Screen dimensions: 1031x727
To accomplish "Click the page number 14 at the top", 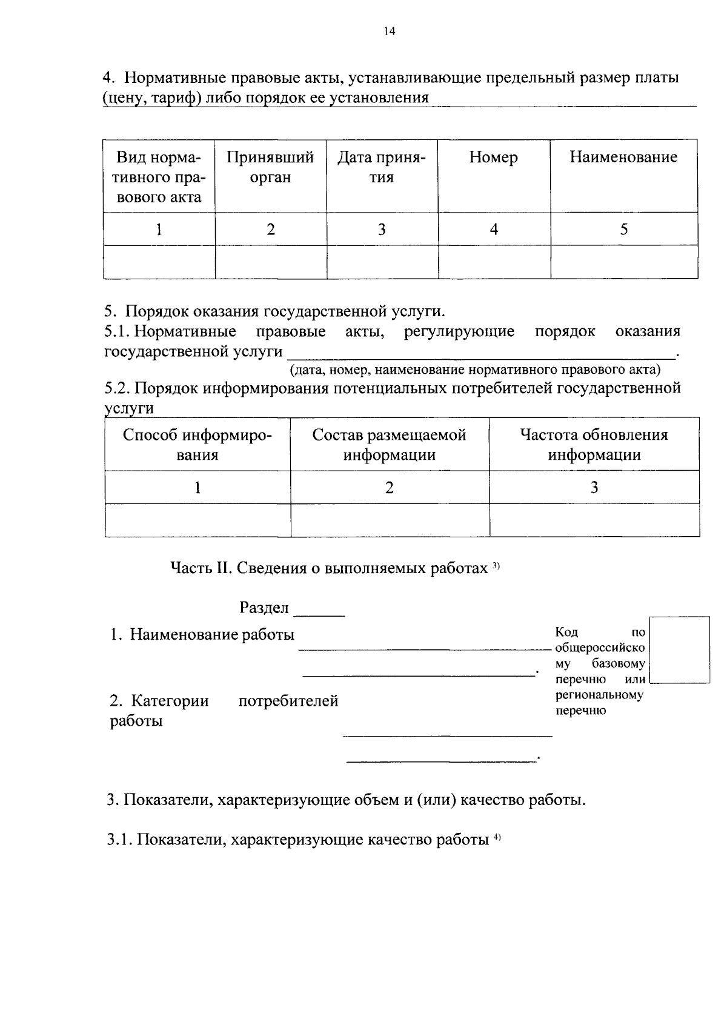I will pos(389,32).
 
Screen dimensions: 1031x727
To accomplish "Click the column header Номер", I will pos(493,158).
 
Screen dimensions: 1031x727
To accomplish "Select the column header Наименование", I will pos(623,158).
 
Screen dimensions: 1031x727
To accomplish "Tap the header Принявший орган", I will pos(270,168).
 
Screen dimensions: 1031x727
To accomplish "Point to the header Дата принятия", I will pos(382,168).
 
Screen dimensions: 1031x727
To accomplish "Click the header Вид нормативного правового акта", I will pos(159,177).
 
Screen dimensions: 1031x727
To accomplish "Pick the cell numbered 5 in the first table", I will pos(624,229).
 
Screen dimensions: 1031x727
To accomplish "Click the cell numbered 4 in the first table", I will pos(494,229).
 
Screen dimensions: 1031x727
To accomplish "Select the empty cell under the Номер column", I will pos(494,262).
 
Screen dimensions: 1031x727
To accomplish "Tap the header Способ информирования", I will pos(198,445).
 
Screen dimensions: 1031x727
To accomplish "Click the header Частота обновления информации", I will pos(594,445).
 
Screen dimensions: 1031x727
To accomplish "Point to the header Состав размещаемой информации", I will pos(389,445).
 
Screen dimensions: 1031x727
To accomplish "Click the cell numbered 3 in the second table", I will pos(594,488).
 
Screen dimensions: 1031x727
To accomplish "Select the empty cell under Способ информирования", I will pos(198,520).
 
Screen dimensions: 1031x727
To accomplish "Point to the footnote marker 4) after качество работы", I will pos(496,837).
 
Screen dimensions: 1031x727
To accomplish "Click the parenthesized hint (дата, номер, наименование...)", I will pos(474,370).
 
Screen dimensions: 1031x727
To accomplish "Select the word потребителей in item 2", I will pos(288,701).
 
